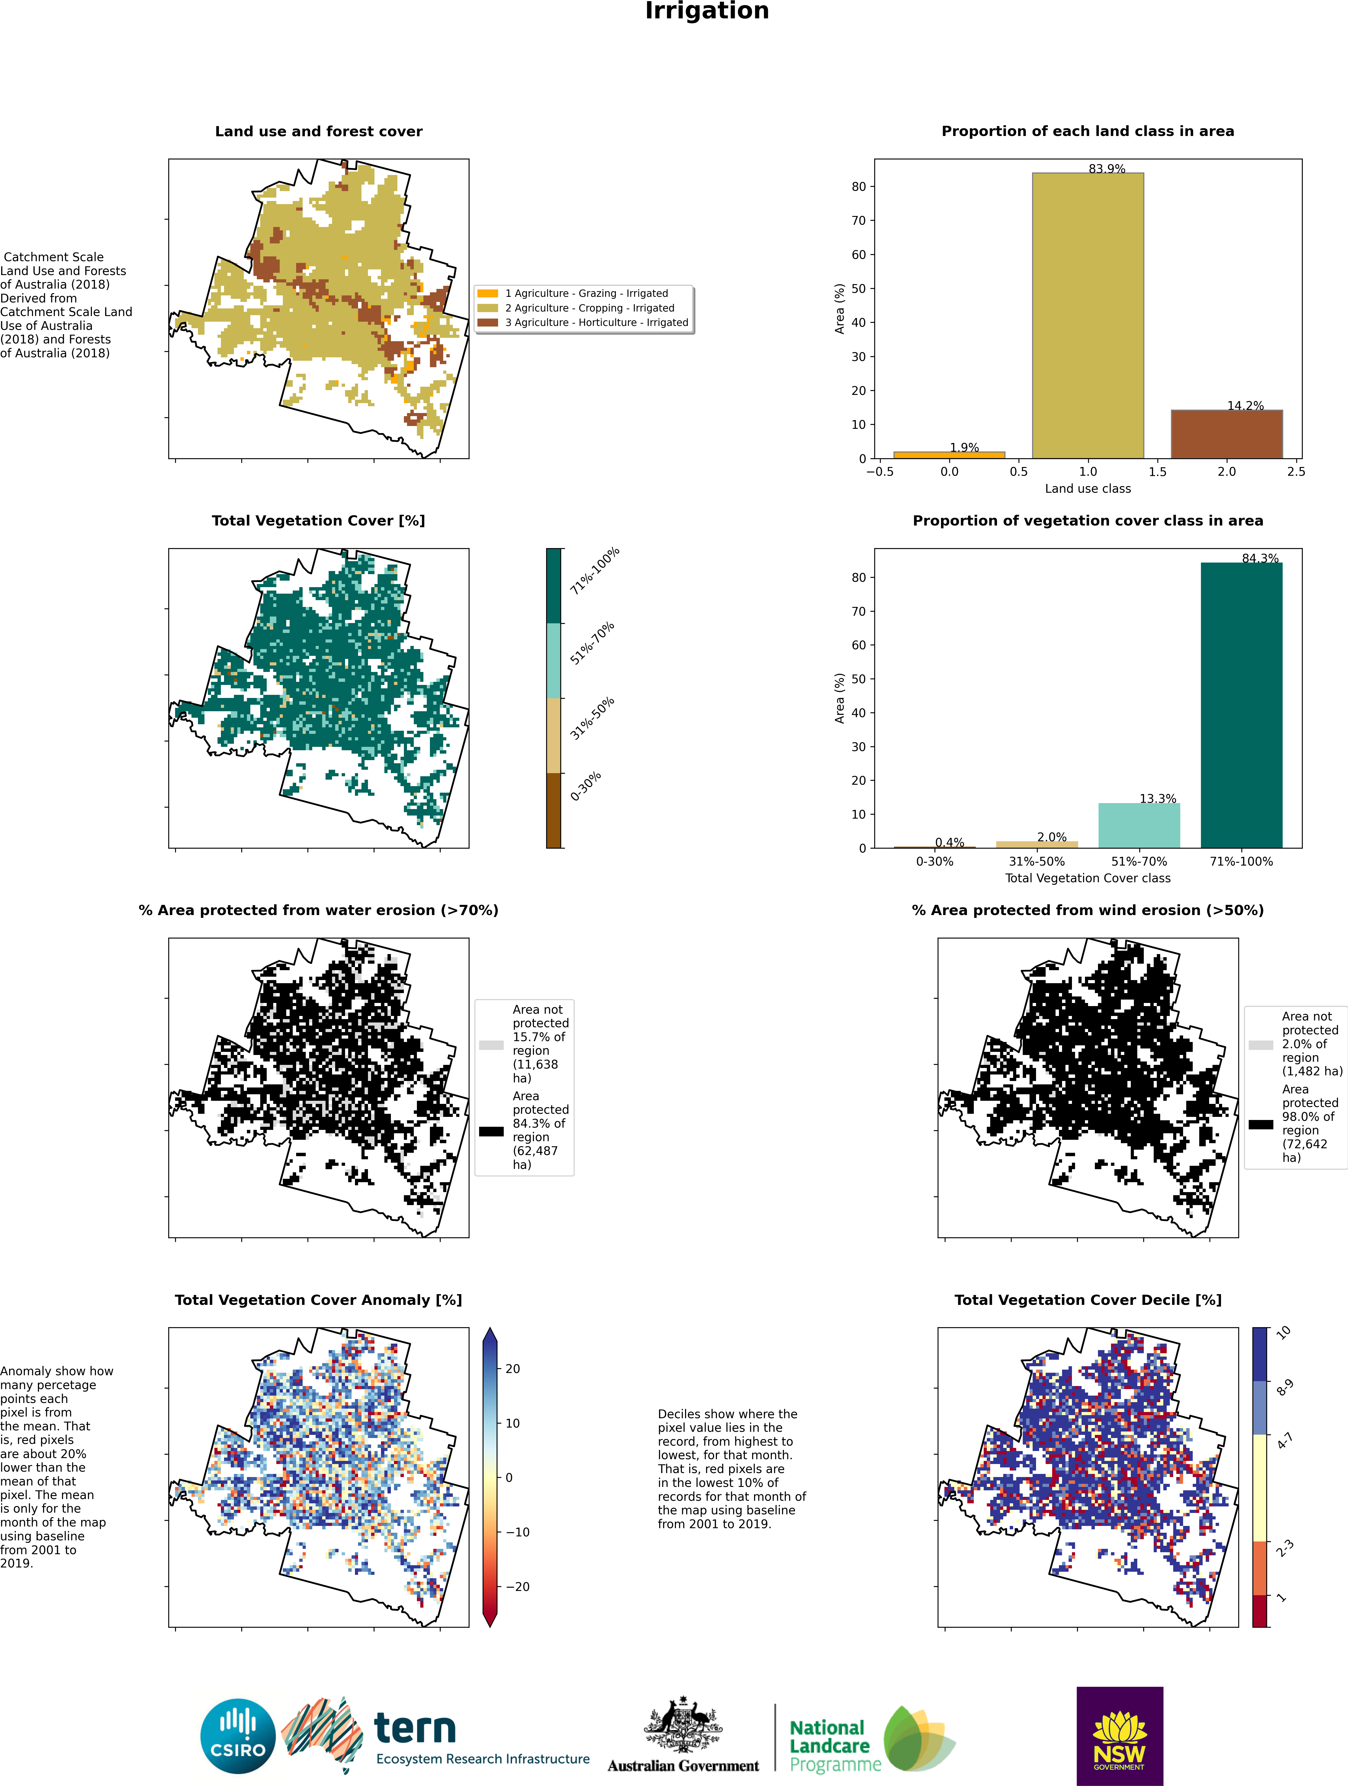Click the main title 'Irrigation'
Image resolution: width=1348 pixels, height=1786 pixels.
pos(707,11)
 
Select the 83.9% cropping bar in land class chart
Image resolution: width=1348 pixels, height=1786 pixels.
pos(1088,316)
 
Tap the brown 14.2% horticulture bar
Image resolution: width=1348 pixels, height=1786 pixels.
pos(1227,434)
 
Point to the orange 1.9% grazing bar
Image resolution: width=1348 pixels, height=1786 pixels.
pos(949,455)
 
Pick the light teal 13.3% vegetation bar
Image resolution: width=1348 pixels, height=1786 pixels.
pos(1139,825)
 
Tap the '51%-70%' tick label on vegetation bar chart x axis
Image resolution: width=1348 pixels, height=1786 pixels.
pos(1139,862)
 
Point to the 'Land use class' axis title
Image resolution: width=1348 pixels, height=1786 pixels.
pos(1088,488)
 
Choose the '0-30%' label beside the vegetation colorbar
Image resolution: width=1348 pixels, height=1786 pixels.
pos(585,786)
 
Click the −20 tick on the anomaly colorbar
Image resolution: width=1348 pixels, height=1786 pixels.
pos(517,1587)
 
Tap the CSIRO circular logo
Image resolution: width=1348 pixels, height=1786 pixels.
pos(238,1736)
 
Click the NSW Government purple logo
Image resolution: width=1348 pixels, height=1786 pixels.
pos(1119,1736)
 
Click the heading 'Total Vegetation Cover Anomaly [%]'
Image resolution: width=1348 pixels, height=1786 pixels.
pos(318,1300)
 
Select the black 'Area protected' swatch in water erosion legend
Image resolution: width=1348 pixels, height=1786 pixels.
pos(491,1131)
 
